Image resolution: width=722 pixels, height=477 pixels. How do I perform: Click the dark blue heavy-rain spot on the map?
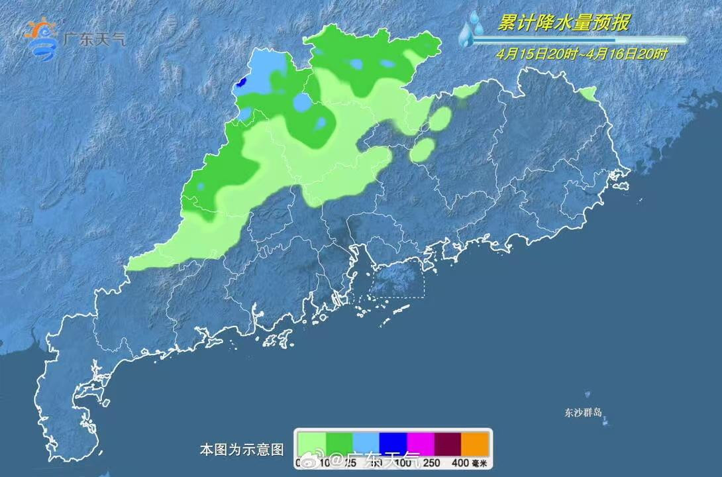[242, 82]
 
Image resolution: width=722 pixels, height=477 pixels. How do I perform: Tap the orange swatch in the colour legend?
[475, 442]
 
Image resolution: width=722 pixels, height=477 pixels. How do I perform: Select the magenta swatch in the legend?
[420, 442]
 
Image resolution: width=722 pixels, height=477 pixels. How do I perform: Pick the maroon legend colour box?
[447, 442]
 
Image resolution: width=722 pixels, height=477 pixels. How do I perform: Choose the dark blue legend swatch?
[393, 442]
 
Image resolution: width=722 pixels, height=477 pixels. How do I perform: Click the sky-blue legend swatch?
[366, 442]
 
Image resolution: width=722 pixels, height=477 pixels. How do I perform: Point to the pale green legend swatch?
[311, 442]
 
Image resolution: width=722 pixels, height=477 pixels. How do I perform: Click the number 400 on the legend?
[459, 462]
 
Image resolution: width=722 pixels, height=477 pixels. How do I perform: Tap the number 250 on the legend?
[433, 462]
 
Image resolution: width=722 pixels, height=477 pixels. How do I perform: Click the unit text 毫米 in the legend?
[480, 462]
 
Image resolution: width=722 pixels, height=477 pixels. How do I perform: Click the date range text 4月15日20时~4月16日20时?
[582, 55]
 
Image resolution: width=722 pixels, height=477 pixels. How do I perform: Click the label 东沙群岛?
[584, 412]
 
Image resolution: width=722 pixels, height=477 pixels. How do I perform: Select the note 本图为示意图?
[241, 450]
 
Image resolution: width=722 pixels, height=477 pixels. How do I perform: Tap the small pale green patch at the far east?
[588, 94]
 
